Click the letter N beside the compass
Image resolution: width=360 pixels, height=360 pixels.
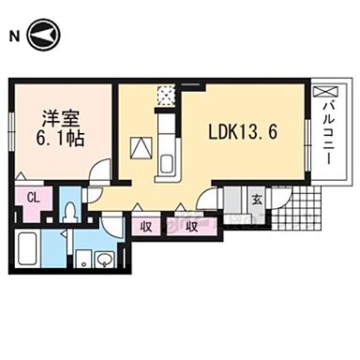pos(13,37)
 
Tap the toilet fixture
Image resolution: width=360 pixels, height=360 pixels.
pos(68,209)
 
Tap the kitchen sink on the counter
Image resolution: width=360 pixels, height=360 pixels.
pos(168,163)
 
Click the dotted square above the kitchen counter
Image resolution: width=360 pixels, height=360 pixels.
pos(167,95)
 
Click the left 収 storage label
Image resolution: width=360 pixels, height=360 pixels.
pos(148,225)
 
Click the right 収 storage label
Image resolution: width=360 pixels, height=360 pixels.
pos(191,225)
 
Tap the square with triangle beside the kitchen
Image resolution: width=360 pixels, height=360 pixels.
pos(140,147)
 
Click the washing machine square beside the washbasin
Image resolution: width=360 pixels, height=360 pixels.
pos(83,257)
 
